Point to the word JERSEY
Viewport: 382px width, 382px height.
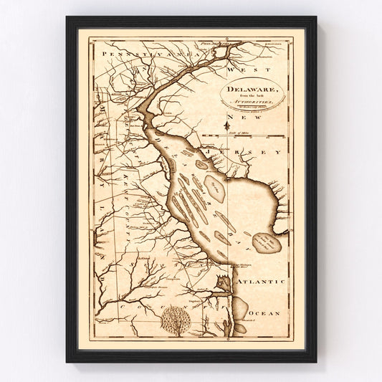click(x=252, y=153)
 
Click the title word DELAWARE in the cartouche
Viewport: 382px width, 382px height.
click(x=244, y=90)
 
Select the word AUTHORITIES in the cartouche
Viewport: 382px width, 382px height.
click(x=243, y=104)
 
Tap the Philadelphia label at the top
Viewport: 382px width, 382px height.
click(x=216, y=45)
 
